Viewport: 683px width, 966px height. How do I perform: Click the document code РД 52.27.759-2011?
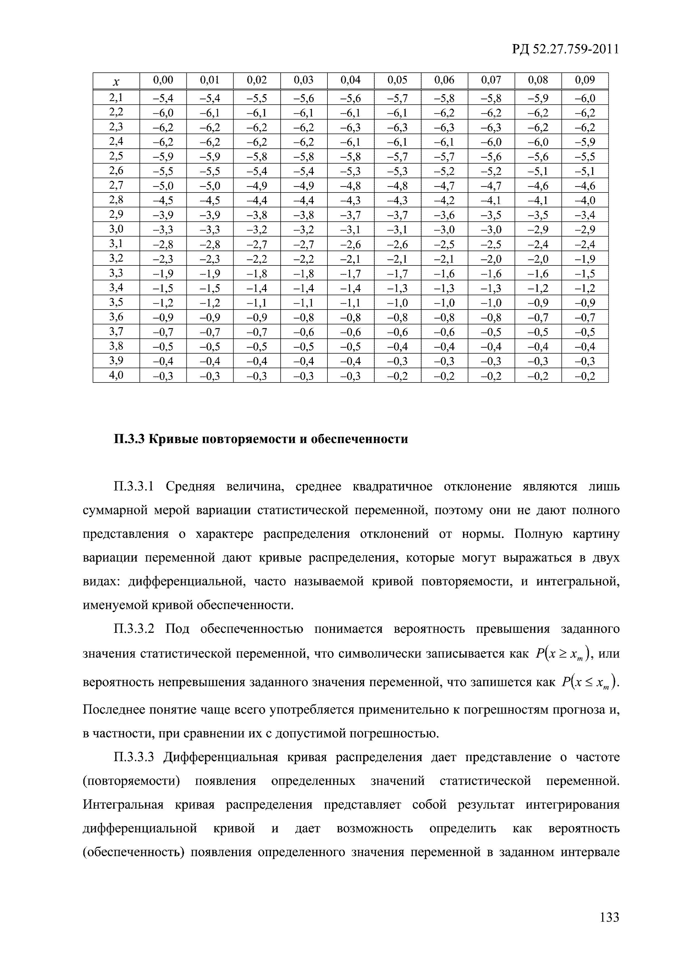click(x=565, y=50)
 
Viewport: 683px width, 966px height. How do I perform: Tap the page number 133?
click(x=609, y=916)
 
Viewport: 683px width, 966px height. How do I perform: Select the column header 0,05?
click(x=397, y=80)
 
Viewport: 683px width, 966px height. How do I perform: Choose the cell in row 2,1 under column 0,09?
click(x=584, y=99)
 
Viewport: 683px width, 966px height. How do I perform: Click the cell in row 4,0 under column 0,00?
click(x=163, y=376)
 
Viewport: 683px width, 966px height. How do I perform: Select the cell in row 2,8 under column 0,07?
click(x=491, y=200)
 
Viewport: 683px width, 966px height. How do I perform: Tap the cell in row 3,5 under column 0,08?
click(x=538, y=303)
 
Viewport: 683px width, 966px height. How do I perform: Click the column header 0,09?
click(x=584, y=80)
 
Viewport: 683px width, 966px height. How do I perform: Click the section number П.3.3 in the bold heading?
click(x=129, y=439)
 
